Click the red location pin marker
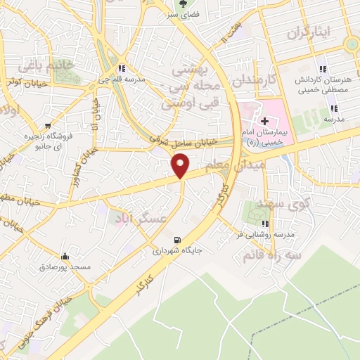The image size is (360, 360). (181, 165)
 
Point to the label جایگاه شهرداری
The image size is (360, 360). (177, 249)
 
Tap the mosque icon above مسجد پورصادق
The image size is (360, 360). (65, 256)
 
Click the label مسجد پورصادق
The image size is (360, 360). (65, 267)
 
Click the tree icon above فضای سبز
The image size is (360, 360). (185, 2)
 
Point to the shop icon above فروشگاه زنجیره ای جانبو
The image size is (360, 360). (47, 126)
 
